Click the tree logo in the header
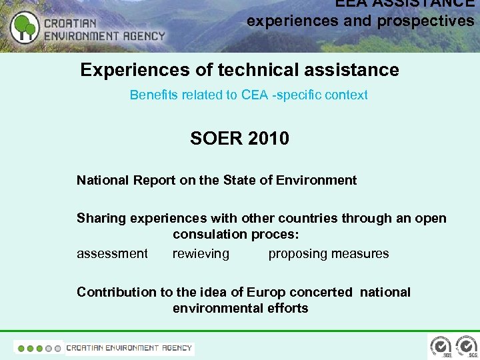[25, 27]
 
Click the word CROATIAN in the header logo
[71, 23]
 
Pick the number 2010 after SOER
[266, 139]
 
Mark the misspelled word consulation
[210, 234]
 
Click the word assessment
[112, 253]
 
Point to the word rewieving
[201, 253]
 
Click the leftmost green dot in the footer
[21, 348]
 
